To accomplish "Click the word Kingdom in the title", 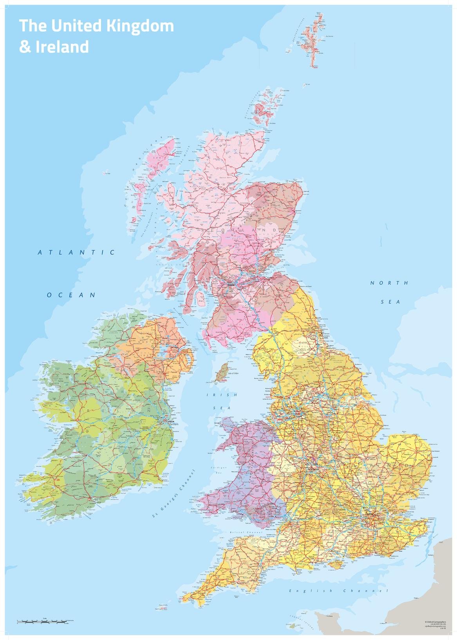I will (141, 26).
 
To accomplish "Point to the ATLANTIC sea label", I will (77, 252).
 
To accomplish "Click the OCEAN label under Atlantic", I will (71, 295).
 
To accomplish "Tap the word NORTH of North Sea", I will (389, 283).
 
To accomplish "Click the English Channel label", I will (338, 591).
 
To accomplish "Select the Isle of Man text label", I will (233, 373).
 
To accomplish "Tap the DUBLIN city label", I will (171, 421).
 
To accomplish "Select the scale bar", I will (43, 621).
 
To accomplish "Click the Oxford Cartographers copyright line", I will (435, 622).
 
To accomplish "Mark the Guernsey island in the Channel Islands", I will (291, 626).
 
